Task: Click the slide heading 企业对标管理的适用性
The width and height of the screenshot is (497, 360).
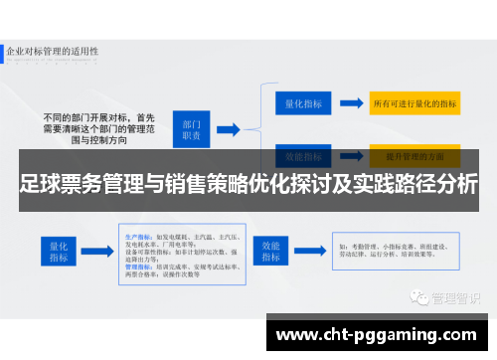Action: tap(56, 50)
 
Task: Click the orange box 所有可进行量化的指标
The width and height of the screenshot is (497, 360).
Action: tap(414, 102)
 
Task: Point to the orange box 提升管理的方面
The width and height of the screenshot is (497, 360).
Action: tap(414, 156)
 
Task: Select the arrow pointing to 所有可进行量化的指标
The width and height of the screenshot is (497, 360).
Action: tap(349, 102)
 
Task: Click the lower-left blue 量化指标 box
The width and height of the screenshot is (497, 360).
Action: tap(55, 251)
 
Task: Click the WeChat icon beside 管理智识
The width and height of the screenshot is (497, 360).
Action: tap(418, 269)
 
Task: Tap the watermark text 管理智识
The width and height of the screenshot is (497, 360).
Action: tap(452, 270)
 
